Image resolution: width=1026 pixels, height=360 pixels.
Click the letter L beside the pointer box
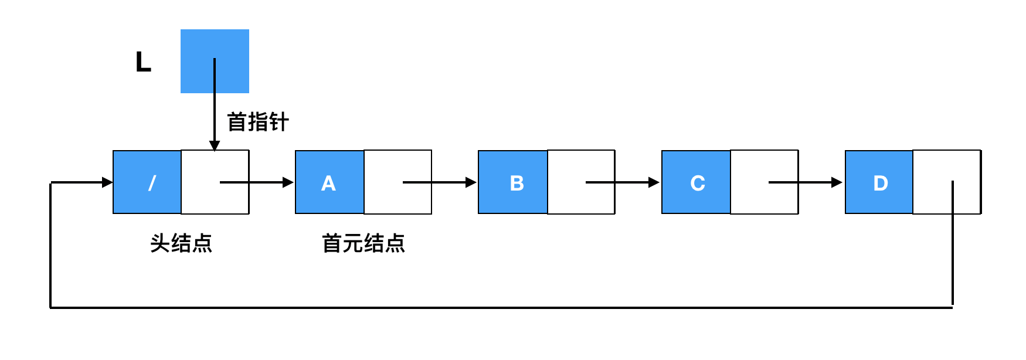143,62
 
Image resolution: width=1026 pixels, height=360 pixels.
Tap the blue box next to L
215,61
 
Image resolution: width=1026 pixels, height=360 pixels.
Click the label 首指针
258,122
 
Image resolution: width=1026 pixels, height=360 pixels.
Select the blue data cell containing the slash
147,182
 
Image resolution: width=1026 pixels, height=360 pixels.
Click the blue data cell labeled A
329,182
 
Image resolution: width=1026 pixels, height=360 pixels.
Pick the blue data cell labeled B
513,182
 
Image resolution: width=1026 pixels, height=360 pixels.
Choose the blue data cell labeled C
696,182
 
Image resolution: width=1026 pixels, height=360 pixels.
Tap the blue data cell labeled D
879,182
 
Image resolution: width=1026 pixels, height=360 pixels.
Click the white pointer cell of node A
398,182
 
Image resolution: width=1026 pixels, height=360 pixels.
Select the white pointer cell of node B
581,182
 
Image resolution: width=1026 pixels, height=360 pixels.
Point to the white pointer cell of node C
765,182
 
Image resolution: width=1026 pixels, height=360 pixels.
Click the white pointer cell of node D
947,182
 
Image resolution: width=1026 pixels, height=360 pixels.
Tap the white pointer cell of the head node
215,182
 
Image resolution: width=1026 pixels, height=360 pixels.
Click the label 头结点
181,243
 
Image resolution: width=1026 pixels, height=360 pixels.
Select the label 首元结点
363,243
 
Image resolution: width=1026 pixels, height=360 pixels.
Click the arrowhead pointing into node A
288,182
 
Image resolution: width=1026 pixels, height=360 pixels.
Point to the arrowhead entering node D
837,182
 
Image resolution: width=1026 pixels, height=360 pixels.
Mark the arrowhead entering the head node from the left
107,182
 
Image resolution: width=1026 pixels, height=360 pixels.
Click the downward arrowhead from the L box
215,145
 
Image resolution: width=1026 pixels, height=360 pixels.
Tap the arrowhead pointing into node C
654,182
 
